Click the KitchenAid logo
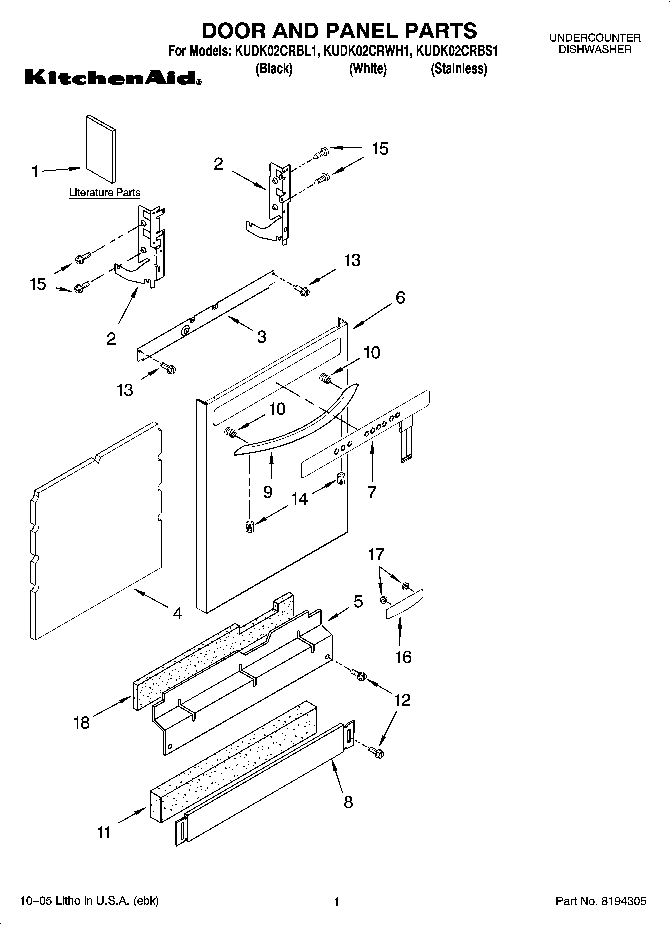pos(113,78)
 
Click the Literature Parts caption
pos(104,193)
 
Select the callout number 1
pos(35,172)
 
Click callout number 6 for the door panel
pos(400,298)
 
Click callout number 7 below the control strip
pos(372,492)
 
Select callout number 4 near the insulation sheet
pos(177,613)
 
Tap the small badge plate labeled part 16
pos(405,604)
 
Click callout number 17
pos(376,554)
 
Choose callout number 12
pos(402,700)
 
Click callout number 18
pos(81,722)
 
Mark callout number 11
pos(104,832)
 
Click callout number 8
pos(348,802)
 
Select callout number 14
pos(300,499)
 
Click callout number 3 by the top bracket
pos(262,337)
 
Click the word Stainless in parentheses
pos(459,69)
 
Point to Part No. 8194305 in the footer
pos(601,902)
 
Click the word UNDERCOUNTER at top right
pos(595,38)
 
